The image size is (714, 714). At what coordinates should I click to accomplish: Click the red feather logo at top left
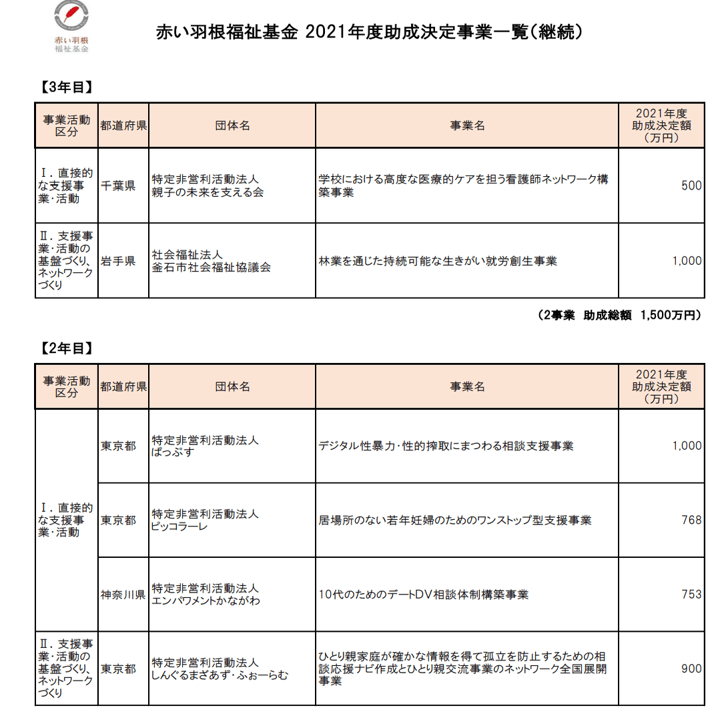71,19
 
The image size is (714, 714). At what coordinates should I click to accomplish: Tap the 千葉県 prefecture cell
118,186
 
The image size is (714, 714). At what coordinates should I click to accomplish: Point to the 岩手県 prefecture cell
118,261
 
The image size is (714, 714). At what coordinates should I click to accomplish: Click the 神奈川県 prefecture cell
123,595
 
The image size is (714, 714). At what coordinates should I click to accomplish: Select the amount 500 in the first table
691,186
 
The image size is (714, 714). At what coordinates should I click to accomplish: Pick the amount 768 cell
691,520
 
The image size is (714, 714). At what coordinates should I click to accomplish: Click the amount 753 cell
691,595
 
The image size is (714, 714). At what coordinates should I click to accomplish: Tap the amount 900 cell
691,669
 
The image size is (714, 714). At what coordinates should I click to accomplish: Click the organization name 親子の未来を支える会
208,193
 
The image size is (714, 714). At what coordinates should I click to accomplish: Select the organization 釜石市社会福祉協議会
212,268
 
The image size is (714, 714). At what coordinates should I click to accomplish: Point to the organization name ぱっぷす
173,452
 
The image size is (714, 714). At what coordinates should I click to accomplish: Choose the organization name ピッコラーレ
180,526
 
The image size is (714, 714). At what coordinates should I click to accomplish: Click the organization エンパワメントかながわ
206,601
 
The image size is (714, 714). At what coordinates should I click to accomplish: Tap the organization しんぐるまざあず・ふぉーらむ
220,675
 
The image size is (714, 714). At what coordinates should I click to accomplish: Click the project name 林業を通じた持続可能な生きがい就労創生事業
438,261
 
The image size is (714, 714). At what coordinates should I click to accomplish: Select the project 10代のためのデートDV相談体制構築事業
424,595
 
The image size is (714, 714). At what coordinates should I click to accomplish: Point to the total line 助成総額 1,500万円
619,316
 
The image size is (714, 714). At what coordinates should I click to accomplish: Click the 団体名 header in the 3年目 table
232,125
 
